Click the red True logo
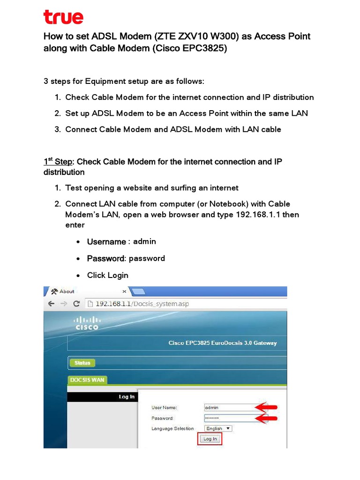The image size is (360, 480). [x=63, y=17]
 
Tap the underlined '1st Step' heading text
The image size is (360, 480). [x=58, y=162]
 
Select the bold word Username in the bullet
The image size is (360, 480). [x=106, y=241]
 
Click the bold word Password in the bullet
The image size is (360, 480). [x=106, y=258]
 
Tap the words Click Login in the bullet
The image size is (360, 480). [x=108, y=275]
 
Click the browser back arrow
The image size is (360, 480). [x=52, y=304]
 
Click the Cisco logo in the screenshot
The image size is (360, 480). [x=87, y=323]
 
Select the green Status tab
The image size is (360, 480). [x=82, y=363]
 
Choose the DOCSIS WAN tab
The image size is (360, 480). [x=87, y=380]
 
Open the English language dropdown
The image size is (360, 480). [x=218, y=428]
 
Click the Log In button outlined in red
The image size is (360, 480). [x=209, y=439]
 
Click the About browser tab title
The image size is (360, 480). [x=67, y=291]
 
